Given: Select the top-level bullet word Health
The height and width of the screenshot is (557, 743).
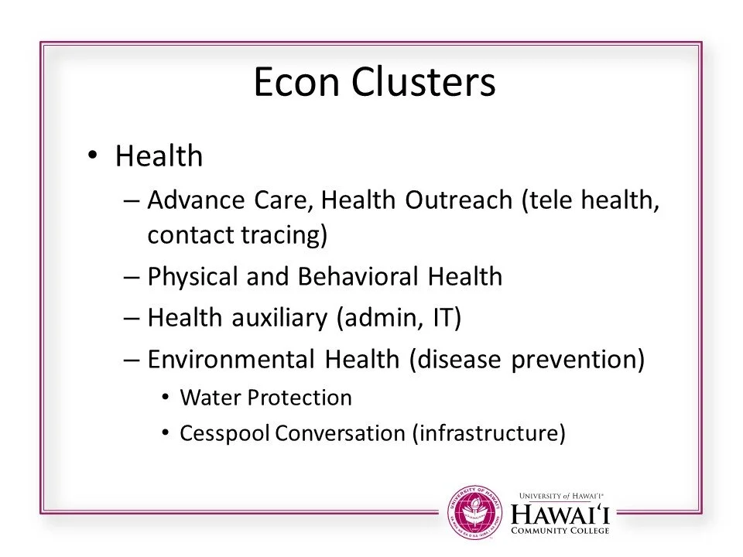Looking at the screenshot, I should [x=159, y=157].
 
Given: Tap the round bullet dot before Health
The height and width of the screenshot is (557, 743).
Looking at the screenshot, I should [x=93, y=155].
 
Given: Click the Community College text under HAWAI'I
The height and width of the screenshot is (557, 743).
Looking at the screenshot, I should [x=562, y=531].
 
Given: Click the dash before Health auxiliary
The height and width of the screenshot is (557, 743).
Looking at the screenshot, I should [x=131, y=319].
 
